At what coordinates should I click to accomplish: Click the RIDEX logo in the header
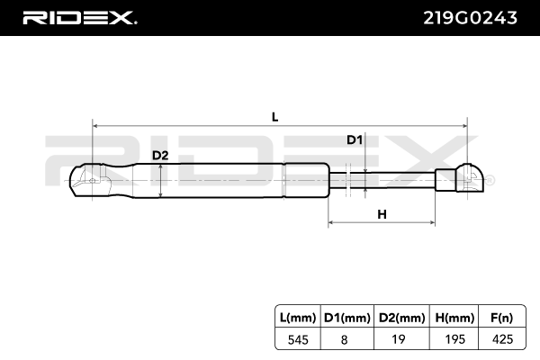point(79,17)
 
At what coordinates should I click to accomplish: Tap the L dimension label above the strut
point(275,116)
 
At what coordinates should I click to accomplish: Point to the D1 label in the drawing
point(354,139)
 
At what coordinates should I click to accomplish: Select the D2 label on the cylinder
point(159,155)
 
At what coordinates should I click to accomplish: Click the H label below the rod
point(382,214)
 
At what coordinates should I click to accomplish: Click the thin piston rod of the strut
point(396,179)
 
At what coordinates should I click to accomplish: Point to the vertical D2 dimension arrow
point(160,179)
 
